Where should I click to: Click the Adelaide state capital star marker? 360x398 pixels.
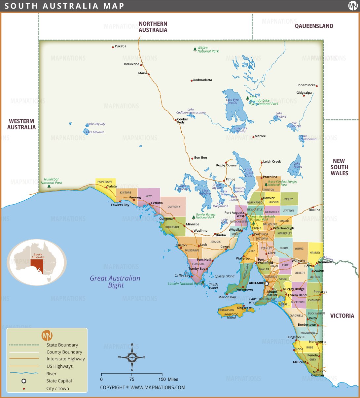(267, 283)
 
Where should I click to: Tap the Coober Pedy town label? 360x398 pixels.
(182, 121)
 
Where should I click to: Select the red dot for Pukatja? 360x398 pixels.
(113, 47)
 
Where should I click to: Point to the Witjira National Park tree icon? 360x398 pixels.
(195, 50)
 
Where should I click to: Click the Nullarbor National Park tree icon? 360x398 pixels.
(49, 186)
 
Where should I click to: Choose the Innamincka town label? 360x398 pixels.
(306, 85)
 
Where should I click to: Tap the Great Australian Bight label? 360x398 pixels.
(115, 282)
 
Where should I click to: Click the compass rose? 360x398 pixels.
(132, 357)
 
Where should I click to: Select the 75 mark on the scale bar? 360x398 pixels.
(132, 379)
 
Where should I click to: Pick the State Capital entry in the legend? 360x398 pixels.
(59, 381)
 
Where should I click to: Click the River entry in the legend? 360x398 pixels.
(51, 374)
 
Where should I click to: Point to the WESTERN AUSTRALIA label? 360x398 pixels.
(21, 124)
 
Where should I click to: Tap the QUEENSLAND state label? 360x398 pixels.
(314, 26)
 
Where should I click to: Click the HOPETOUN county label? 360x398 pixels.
(104, 182)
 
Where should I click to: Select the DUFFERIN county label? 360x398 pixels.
(174, 207)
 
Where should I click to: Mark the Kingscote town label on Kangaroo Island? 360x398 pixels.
(244, 308)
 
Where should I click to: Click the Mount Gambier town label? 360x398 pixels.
(318, 374)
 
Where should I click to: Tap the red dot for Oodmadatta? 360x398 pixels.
(192, 81)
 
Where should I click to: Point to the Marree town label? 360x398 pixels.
(260, 136)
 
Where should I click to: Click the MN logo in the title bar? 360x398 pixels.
(353, 6)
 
